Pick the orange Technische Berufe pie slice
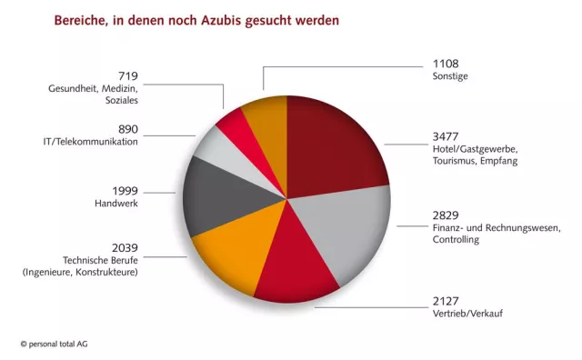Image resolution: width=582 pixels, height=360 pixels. pos(227,255)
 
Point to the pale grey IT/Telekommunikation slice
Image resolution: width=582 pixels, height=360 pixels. pos(218,145)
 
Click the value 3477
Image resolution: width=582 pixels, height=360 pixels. pos(446,137)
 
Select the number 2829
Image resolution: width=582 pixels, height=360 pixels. pos(446,216)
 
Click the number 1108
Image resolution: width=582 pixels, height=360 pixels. pos(446,65)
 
